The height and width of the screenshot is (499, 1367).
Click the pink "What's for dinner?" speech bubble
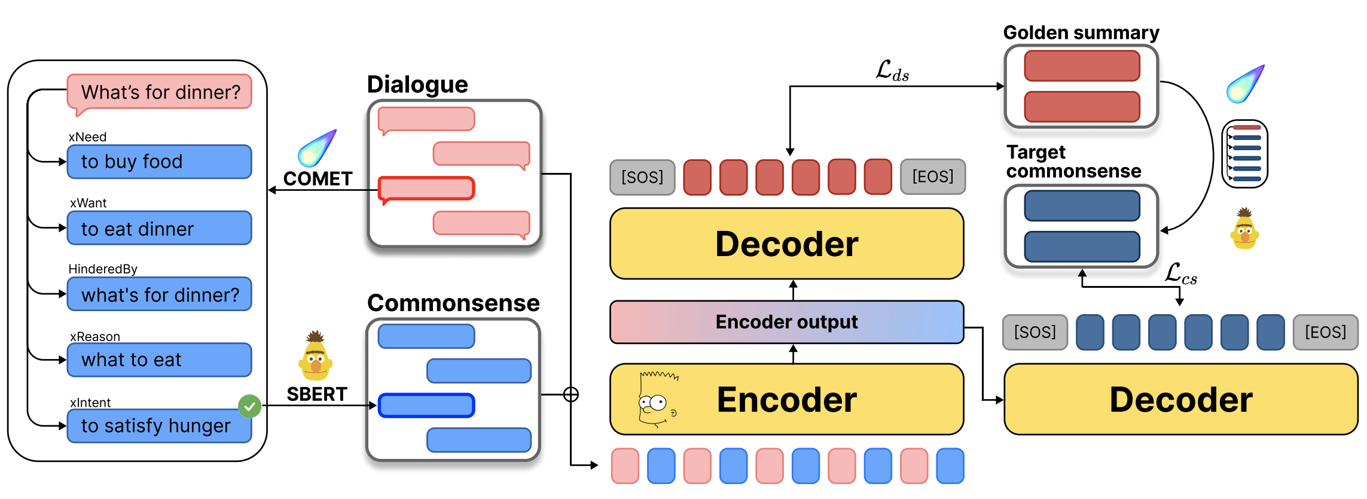click(x=160, y=92)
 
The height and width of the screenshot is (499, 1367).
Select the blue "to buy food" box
click(x=159, y=162)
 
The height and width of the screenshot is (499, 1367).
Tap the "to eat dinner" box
click(x=159, y=229)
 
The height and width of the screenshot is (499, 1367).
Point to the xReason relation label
click(x=95, y=336)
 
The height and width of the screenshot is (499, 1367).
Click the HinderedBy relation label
click(x=103, y=269)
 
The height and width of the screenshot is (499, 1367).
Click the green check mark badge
click(x=249, y=406)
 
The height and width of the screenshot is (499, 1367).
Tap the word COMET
click(x=318, y=179)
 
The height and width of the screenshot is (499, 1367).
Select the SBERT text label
click(x=317, y=394)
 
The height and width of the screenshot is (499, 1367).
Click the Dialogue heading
click(x=417, y=84)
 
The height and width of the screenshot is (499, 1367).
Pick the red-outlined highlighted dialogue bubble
click(x=426, y=188)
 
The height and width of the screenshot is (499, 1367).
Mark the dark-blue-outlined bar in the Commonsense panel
click(x=426, y=405)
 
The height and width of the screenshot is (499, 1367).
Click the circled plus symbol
click(x=571, y=394)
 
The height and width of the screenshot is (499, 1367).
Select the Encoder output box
click(x=786, y=322)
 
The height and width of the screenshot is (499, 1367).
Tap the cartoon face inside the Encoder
click(x=657, y=400)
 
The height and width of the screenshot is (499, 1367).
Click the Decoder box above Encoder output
click(x=786, y=244)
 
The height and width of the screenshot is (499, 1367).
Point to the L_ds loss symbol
click(x=892, y=71)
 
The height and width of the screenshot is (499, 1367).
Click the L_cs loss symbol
click(x=1180, y=274)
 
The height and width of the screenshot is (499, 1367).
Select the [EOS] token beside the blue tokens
click(x=1325, y=332)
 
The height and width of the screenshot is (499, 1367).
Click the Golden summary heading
click(x=1081, y=32)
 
